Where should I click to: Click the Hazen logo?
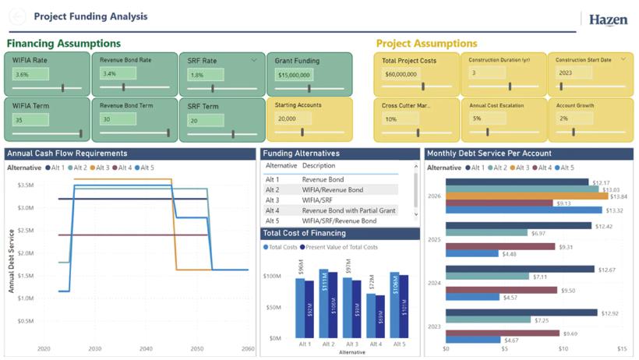click(607, 19)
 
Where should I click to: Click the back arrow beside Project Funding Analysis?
click(17, 16)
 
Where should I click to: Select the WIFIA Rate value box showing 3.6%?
click(30, 75)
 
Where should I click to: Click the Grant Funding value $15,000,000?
click(295, 76)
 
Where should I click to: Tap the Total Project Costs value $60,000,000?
click(401, 75)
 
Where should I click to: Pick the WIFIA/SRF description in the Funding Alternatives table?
click(318, 200)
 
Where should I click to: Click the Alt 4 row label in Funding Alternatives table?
click(272, 210)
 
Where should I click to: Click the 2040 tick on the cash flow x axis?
click(146, 348)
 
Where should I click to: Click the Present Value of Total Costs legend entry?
click(341, 247)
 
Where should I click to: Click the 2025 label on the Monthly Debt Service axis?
click(435, 239)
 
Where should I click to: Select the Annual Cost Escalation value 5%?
click(478, 119)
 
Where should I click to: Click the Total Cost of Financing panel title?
click(297, 233)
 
